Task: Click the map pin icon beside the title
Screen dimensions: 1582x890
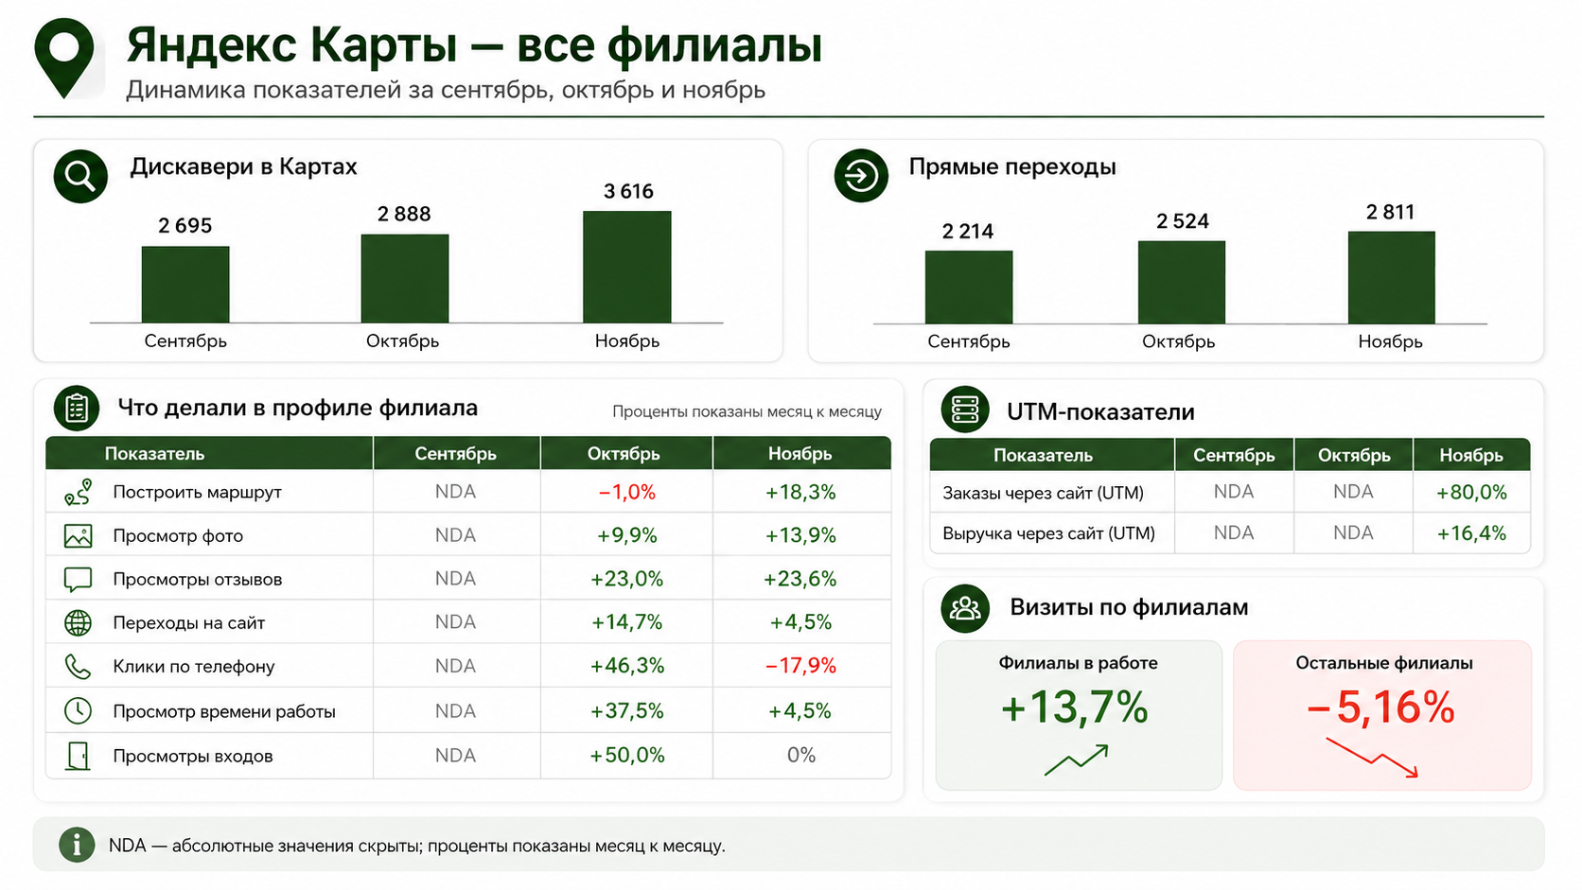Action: coord(64,57)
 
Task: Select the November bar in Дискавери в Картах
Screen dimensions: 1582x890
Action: coord(627,267)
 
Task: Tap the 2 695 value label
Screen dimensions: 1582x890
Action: coord(185,226)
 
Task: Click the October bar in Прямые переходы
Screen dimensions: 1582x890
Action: coord(1182,282)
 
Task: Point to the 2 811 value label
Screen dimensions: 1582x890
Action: coord(1391,213)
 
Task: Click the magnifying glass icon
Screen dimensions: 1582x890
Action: coord(80,177)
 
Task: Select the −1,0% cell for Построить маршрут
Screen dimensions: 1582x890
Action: coord(626,492)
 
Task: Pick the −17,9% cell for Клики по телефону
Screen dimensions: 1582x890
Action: coord(800,666)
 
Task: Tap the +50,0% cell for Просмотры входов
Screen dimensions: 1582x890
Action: coord(627,755)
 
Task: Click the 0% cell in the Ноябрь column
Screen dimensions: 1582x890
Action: coord(800,755)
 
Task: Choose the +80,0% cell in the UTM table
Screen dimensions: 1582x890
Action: coord(1471,492)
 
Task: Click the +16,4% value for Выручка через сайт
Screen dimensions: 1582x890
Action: coord(1471,532)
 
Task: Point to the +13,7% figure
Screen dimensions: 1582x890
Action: coord(1074,707)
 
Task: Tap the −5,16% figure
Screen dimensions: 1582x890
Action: coord(1380,707)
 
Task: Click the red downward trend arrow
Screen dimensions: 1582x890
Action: coord(1372,758)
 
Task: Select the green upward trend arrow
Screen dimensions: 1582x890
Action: coord(1077,760)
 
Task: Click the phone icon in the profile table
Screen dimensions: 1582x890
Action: coord(78,666)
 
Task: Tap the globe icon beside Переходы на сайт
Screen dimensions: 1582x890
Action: coord(78,622)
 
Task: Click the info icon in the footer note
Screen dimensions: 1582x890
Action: coord(77,845)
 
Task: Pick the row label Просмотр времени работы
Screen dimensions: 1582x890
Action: coord(224,711)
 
